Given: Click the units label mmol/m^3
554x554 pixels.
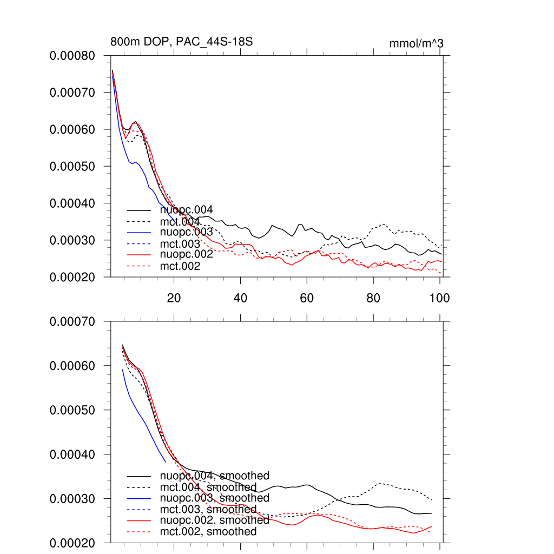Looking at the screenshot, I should click(x=416, y=43).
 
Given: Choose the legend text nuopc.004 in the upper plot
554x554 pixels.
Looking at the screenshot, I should click(x=186, y=210).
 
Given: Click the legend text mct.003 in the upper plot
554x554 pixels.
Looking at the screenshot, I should click(x=180, y=244).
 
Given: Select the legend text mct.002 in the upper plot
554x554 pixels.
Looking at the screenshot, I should click(x=180, y=266).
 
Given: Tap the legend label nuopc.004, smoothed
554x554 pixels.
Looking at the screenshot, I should click(x=214, y=476).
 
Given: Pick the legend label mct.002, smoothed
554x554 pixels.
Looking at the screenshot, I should click(x=208, y=532).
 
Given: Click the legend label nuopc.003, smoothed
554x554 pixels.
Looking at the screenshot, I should click(x=214, y=498).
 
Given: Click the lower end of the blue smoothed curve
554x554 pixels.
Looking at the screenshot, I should click(x=166, y=461).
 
